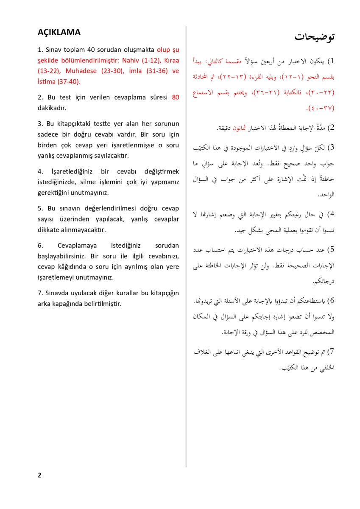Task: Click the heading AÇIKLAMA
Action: click(59, 33)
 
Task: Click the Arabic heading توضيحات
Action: click(315, 36)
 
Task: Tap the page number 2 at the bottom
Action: click(39, 475)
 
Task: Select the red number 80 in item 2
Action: click(175, 97)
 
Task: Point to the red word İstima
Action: click(47, 81)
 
